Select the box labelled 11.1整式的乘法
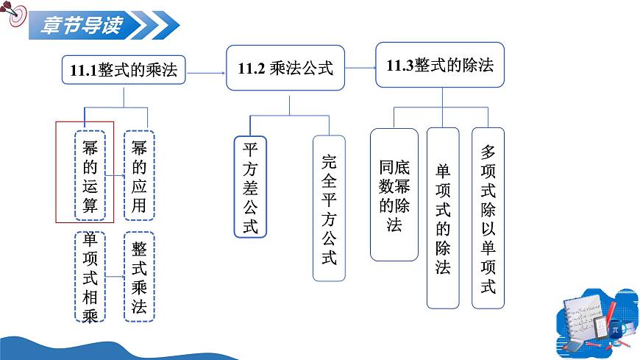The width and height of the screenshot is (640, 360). pos(122,71)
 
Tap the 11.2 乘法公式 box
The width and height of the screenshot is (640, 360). pos(285,68)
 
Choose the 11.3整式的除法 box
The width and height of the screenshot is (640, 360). pos(440,66)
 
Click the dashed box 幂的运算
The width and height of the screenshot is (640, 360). pos(90,174)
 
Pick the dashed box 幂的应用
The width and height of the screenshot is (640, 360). pos(139,174)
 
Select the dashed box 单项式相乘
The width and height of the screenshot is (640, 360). pos(90,276)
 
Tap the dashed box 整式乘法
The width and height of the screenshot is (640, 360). pos(139,276)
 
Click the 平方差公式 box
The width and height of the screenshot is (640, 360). pos(250,187)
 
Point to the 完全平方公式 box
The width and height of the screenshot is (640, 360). pos(329,208)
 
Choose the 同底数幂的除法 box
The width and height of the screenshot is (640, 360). pos(394,194)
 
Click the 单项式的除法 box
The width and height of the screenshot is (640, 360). pos(442,218)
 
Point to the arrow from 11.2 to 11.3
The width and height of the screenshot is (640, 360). pos(360,68)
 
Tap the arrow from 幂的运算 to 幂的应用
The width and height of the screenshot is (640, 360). pos(115,176)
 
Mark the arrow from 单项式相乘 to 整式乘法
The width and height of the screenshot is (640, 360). pos(115,276)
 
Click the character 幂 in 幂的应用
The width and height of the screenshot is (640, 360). pos(139,147)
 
